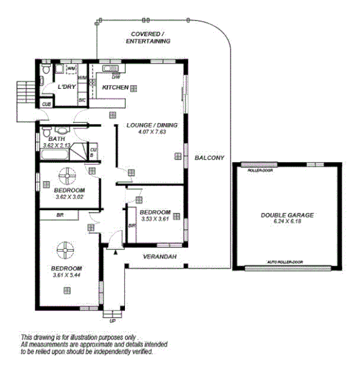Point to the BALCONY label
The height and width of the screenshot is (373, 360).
pos(209,157)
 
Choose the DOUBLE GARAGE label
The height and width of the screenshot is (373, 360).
pos(287,215)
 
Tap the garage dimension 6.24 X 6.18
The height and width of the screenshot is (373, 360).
pos(287,222)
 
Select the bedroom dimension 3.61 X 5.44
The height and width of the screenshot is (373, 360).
pos(68,275)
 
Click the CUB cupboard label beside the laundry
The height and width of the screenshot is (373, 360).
pos(46,104)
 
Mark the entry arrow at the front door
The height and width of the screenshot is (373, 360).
pos(115,252)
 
